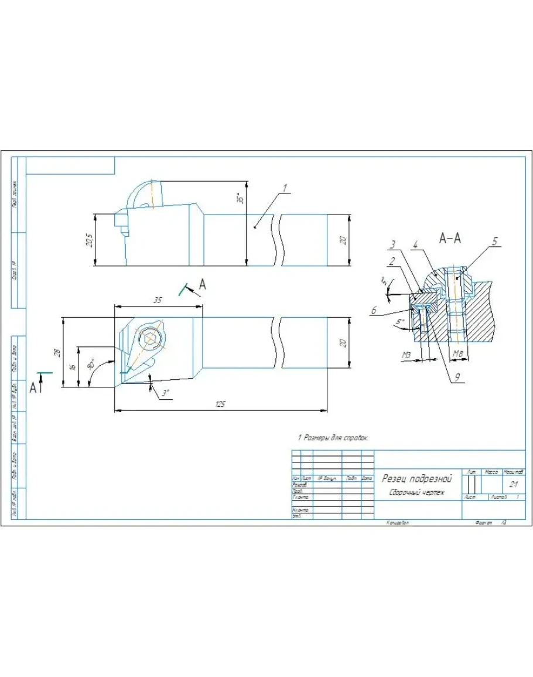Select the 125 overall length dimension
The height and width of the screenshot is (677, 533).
click(x=220, y=404)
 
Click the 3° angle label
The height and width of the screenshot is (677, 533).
click(x=166, y=393)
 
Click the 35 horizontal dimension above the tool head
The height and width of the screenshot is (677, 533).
click(x=158, y=300)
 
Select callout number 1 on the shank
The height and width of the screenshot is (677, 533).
click(x=284, y=189)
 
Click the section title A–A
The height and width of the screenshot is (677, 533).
click(x=450, y=238)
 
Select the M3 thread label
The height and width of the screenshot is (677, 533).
click(x=406, y=355)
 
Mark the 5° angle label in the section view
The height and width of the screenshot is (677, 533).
click(x=399, y=322)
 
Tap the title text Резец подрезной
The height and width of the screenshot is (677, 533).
click(x=416, y=478)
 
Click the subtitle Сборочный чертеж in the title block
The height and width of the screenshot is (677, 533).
click(x=416, y=492)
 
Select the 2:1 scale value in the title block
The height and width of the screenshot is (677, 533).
click(x=513, y=485)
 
